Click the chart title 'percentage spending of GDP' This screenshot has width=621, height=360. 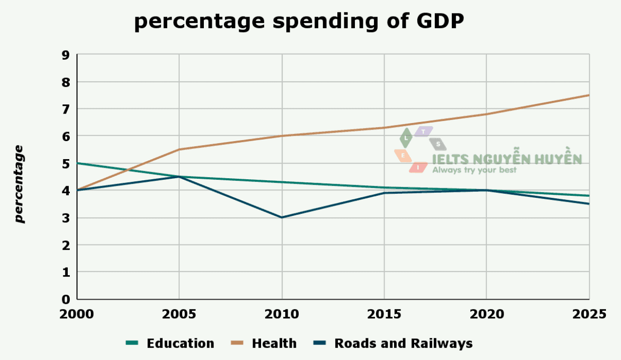[x=299, y=22]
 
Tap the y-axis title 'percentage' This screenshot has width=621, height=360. [x=19, y=184]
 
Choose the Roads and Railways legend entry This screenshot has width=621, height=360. [x=393, y=343]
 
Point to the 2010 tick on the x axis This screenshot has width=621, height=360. [x=282, y=314]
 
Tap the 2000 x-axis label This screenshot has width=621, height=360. [x=77, y=314]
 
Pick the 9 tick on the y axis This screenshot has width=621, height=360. [x=66, y=55]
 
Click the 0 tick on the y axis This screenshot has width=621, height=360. [x=66, y=300]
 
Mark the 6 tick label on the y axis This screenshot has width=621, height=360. [x=66, y=136]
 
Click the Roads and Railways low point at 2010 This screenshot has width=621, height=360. [x=282, y=217]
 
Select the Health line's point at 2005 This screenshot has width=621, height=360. [x=179, y=150]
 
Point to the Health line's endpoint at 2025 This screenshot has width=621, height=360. [x=588, y=95]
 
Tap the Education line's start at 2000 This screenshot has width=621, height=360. [x=77, y=163]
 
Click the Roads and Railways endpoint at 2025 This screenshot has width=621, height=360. [x=588, y=203]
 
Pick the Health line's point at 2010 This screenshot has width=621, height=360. [x=282, y=136]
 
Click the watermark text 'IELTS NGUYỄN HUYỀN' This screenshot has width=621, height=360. [x=507, y=159]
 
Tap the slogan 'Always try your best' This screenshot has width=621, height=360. [x=474, y=170]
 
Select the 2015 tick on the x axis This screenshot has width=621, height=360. [x=384, y=314]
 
